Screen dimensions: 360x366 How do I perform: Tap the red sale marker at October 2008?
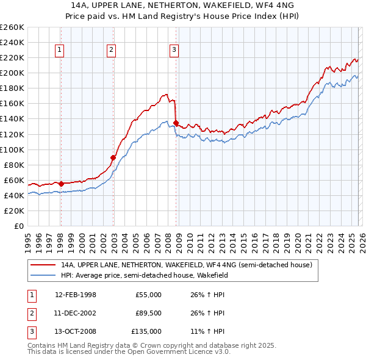[x=176, y=123]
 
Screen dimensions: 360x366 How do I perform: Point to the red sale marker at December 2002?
[x=113, y=157]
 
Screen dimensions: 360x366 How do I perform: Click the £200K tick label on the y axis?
[x=12, y=73]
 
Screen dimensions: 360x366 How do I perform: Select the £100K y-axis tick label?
[x=12, y=149]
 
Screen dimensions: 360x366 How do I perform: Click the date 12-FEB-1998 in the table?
[x=75, y=295]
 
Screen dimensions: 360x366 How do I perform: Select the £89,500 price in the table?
[x=148, y=313]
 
